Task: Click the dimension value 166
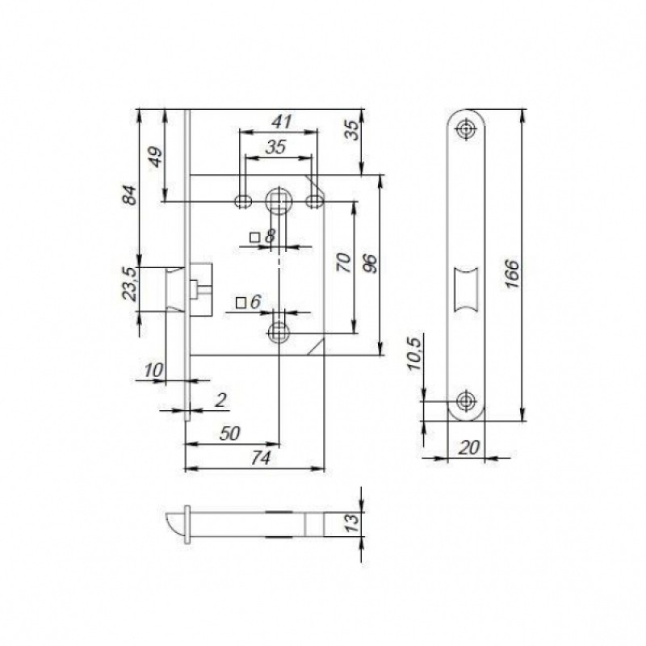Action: coord(511,274)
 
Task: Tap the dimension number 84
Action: coord(129,195)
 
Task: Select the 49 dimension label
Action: coord(155,157)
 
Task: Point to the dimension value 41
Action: coord(282,122)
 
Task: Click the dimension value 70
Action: coord(345,262)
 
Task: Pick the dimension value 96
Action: coord(370,264)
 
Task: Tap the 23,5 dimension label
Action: coord(129,284)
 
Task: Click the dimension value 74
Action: coord(261,458)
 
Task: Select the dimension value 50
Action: coord(229,434)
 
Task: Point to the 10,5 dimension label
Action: coord(414,354)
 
